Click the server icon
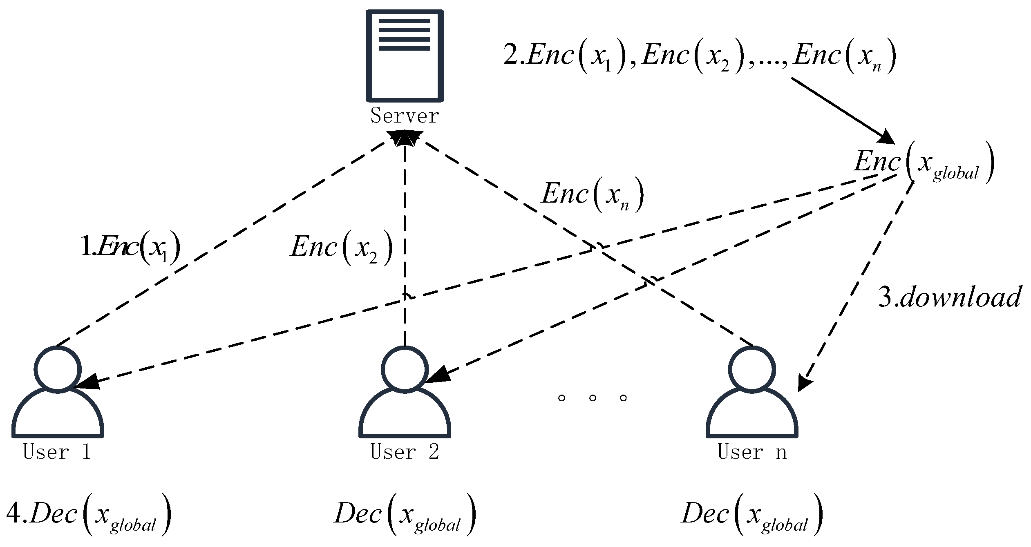(x=404, y=56)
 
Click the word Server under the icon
(x=404, y=116)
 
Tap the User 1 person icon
(x=58, y=392)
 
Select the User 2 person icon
(x=405, y=392)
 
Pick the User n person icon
(x=752, y=392)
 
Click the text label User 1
(x=58, y=452)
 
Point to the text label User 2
(x=405, y=452)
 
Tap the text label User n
(x=752, y=452)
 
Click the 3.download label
(x=949, y=297)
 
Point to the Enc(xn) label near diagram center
(x=593, y=194)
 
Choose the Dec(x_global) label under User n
(x=752, y=514)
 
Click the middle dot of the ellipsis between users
(x=593, y=397)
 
